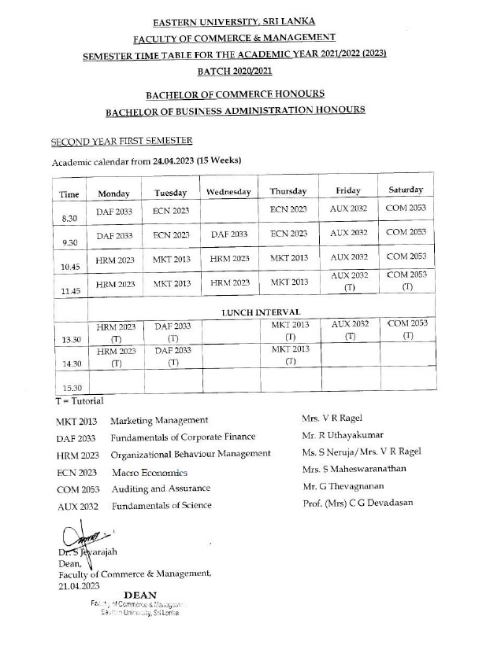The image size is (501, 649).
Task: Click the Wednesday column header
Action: pos(228,192)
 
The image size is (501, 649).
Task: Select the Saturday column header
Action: pos(406,190)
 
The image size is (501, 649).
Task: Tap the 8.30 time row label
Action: pos(69,218)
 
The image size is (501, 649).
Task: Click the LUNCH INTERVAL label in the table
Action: pos(261,312)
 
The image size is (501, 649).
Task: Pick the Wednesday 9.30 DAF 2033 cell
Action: pos(229,234)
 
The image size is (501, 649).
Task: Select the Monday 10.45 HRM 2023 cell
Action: pos(116,259)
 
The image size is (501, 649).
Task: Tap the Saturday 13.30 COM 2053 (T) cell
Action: pos(407,330)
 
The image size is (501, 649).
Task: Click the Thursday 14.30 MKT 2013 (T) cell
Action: pos(290,355)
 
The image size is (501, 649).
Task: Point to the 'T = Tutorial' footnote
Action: pos(69,401)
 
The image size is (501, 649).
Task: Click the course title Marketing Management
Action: pos(159,421)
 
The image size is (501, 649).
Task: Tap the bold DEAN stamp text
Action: pos(140,596)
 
